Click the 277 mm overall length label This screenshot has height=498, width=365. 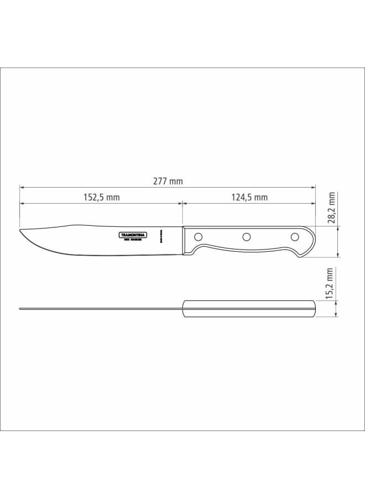(x=168, y=181)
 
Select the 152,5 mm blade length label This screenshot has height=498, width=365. (x=102, y=198)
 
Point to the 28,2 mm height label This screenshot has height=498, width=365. (x=331, y=207)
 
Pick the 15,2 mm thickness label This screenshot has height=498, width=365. (x=330, y=283)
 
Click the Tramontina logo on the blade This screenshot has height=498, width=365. (x=134, y=235)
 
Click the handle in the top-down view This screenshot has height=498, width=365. (x=249, y=308)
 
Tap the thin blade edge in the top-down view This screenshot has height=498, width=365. (x=100, y=308)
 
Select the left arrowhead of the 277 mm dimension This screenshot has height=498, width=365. (x=22, y=187)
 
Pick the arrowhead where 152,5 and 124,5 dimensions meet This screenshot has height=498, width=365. (x=182, y=204)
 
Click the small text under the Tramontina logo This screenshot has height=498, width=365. (x=134, y=240)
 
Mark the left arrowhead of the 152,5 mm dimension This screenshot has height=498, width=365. (x=22, y=204)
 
